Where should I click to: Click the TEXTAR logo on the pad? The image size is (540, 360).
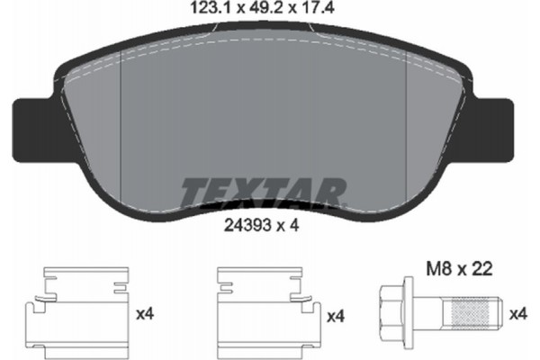coord(263,191)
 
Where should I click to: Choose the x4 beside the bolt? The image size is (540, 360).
coord(520,315)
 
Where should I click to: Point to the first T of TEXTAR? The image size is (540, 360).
coord(193,191)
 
